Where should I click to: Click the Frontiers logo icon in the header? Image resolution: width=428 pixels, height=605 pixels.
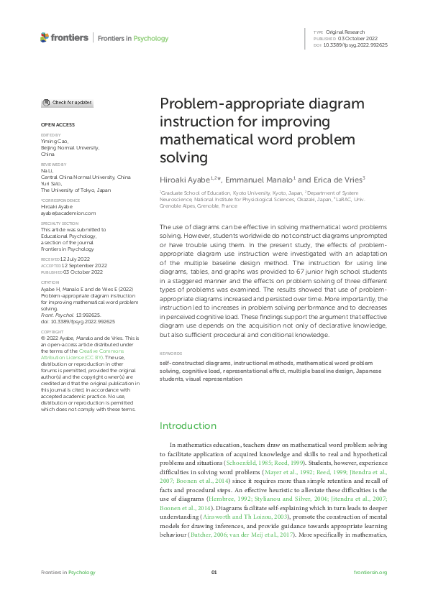coord(45,37)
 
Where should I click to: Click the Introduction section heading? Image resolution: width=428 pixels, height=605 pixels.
coord(188,426)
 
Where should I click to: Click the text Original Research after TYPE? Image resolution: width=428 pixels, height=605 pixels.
coord(347,32)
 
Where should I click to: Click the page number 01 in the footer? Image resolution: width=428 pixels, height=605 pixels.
coord(214,572)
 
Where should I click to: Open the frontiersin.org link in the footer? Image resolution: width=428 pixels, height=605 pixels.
coord(370,572)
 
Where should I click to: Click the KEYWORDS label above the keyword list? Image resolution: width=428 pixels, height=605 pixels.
coord(171,354)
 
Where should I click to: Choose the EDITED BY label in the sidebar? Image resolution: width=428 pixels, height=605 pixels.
coord(50,135)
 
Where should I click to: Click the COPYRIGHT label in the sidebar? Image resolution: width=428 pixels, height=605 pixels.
coord(51,332)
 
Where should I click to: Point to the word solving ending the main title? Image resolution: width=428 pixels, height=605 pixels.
coord(183,156)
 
